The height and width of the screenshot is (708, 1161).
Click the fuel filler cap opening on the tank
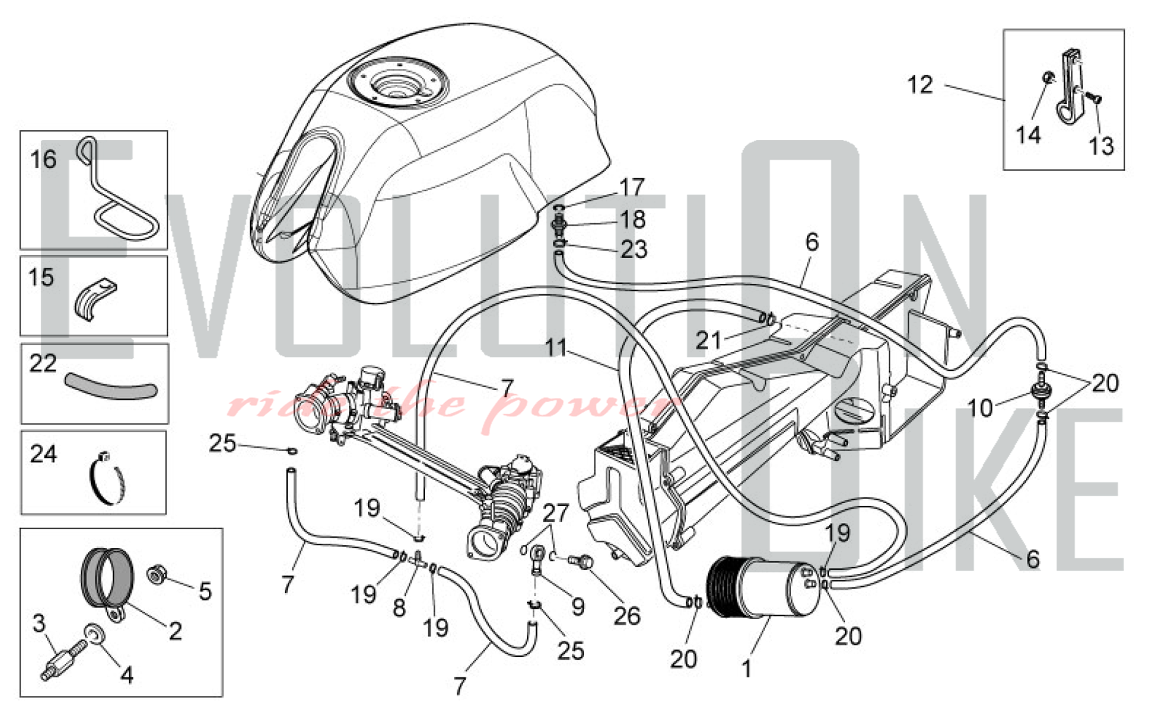pos(399,82)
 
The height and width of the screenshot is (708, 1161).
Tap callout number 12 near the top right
pos(920,85)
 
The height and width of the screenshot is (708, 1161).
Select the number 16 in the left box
pos(44,159)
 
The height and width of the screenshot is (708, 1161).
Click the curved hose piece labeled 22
pos(111,386)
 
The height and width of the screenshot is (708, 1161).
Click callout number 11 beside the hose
pos(556,348)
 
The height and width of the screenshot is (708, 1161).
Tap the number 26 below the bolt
pos(627,616)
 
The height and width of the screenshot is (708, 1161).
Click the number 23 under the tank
pos(634,250)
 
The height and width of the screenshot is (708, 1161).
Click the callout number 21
pos(708,341)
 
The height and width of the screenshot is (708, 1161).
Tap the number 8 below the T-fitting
pos(399,608)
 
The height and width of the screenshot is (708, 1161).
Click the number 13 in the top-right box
pos(1101,146)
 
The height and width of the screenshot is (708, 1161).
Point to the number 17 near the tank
pos(632,187)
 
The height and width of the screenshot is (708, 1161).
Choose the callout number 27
pos(556,512)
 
